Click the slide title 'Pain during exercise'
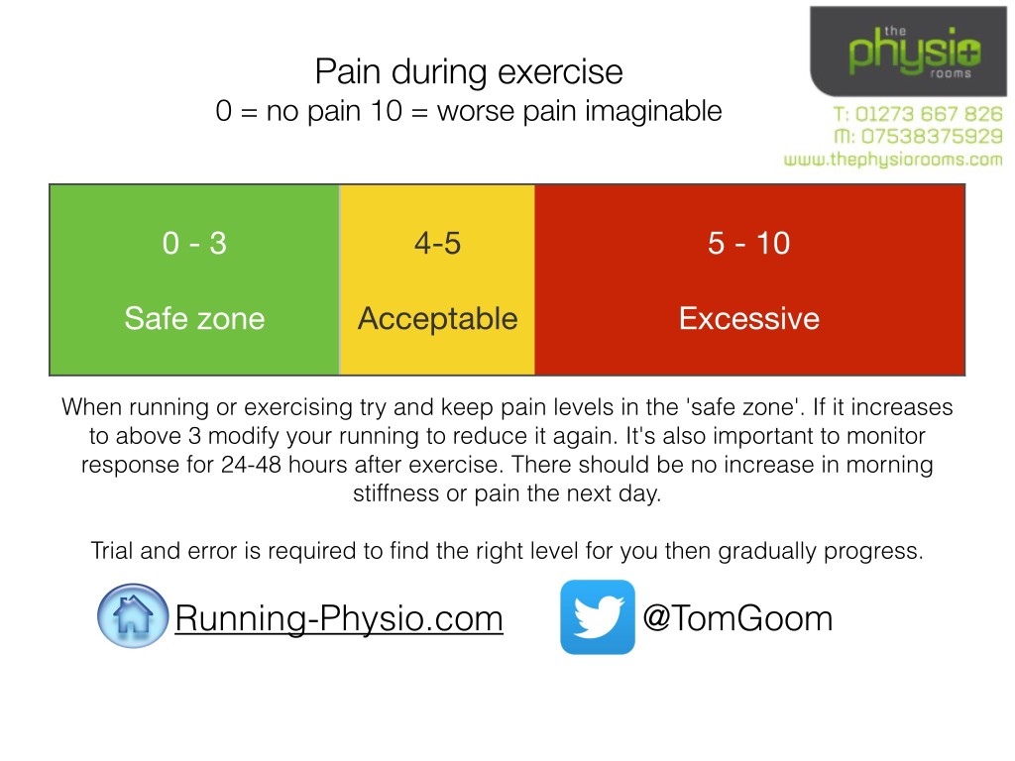468,72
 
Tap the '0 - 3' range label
194,243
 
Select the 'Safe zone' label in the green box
194,318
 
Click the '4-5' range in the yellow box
437,243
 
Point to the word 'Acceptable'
437,318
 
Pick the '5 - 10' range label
748,243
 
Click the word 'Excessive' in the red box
748,318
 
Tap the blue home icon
133,616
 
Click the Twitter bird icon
597,616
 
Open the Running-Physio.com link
339,619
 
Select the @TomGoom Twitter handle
737,618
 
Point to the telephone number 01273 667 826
917,115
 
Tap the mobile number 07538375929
917,137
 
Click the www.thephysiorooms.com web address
893,159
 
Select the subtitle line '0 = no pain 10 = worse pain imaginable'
468,110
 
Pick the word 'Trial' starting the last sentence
111,551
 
